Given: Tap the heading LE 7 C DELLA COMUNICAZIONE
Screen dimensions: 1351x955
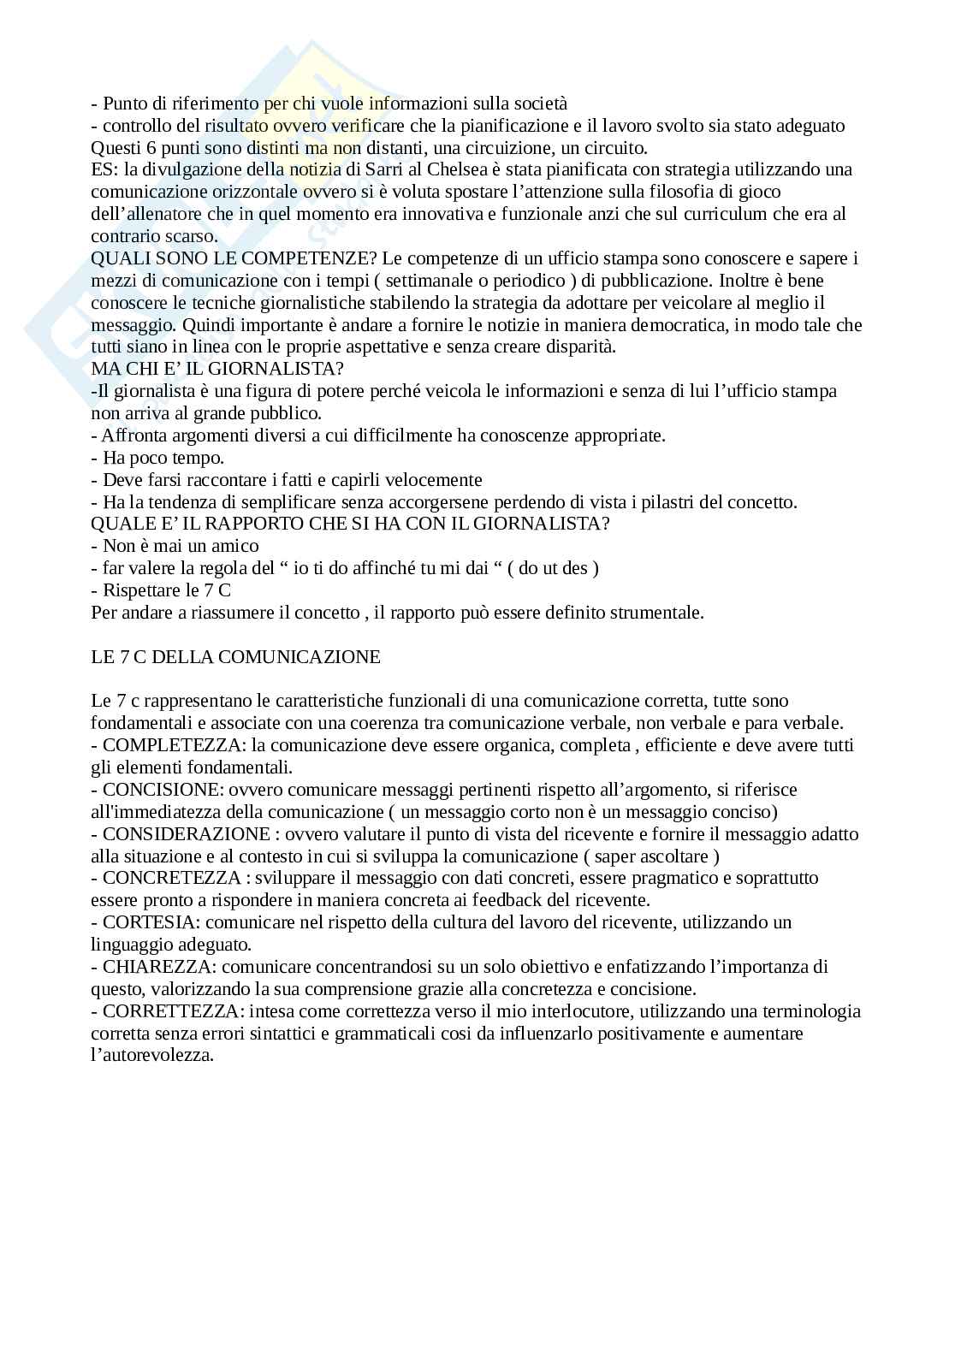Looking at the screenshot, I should click(235, 657).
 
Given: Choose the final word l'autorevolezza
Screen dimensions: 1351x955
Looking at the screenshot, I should click(151, 1055).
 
